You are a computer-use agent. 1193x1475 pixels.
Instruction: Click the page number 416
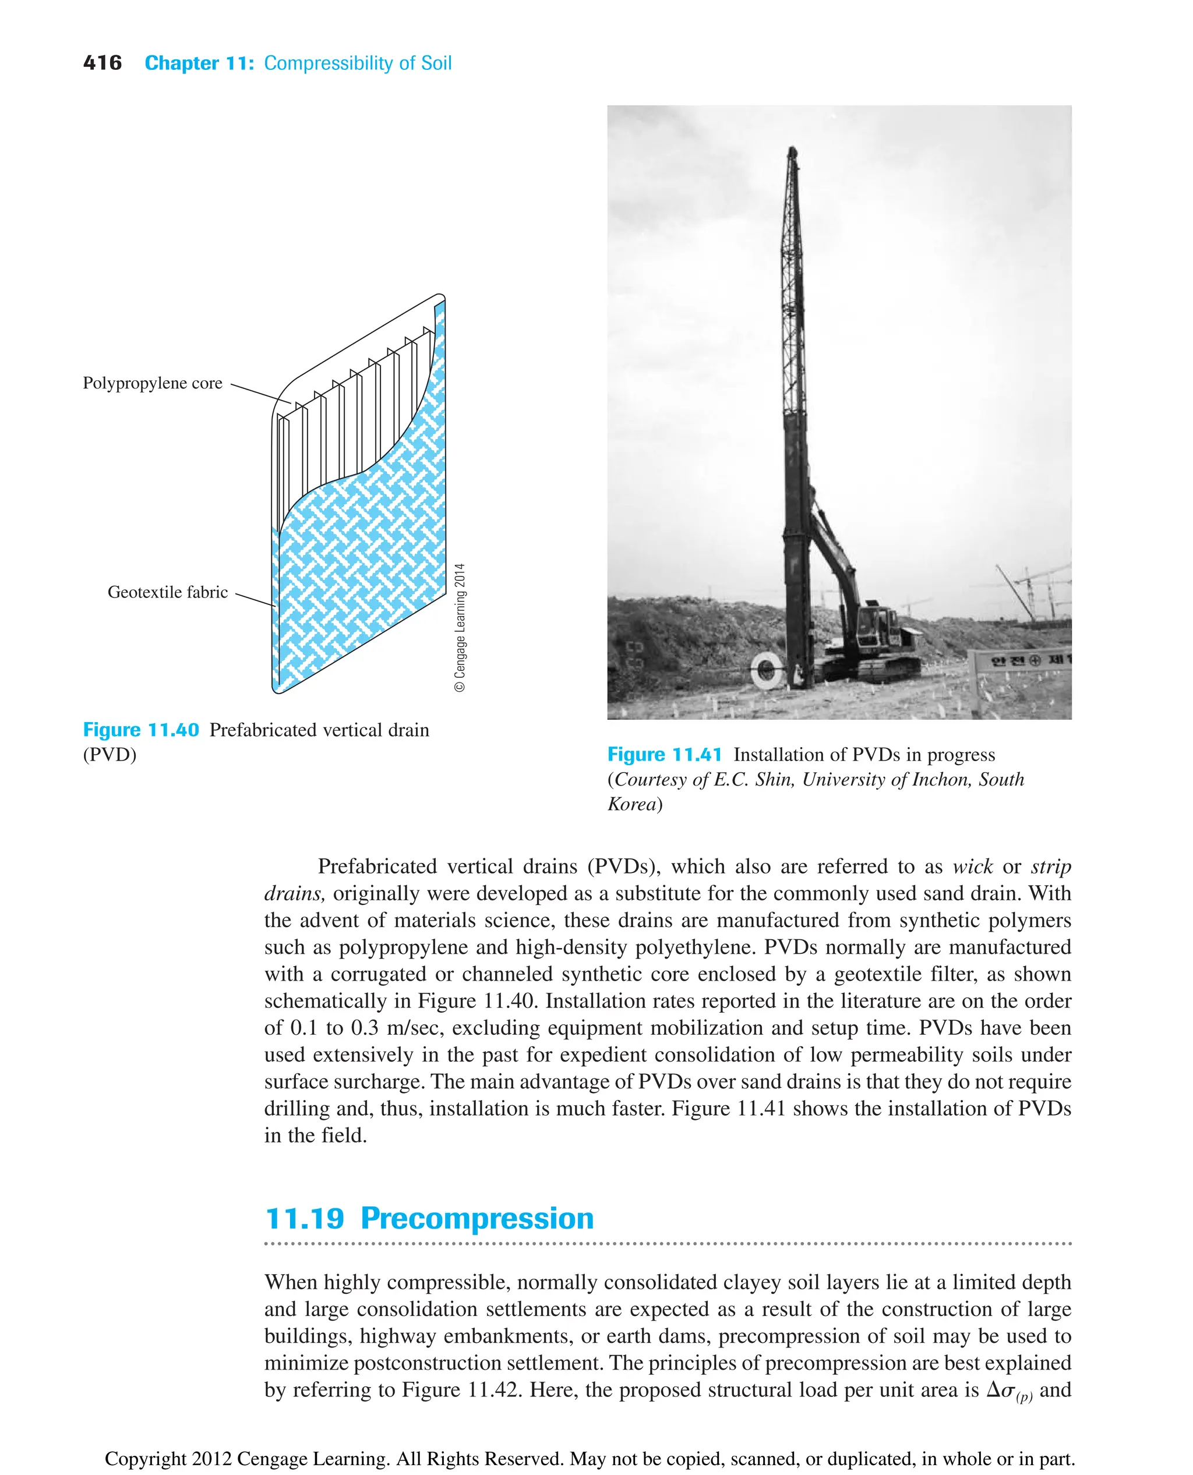pos(102,63)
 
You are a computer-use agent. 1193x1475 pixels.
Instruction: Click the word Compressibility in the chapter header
pos(330,63)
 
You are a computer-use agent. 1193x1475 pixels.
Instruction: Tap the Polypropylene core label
pos(153,383)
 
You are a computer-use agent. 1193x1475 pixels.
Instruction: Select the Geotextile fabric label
pos(168,592)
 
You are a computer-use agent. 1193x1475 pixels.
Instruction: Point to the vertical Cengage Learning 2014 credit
pos(460,627)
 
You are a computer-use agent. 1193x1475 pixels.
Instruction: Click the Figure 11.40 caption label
pos(141,730)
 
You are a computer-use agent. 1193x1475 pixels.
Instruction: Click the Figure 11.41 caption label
pos(665,755)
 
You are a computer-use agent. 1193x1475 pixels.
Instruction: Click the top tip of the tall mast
pos(792,150)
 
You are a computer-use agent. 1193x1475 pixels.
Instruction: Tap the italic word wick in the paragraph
pos(972,867)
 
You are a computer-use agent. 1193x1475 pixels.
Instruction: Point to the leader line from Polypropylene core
pos(261,393)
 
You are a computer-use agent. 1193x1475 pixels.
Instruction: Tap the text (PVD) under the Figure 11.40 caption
pos(110,755)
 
